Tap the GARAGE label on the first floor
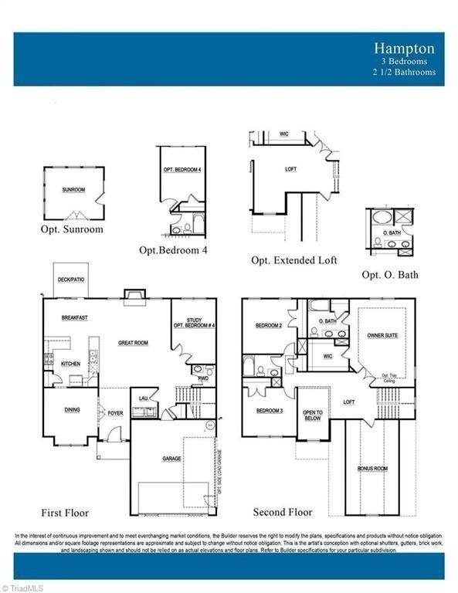[x=171, y=459]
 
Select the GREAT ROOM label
[x=133, y=343]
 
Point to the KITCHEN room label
[x=71, y=363]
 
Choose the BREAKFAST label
[x=74, y=318]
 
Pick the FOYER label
[x=115, y=413]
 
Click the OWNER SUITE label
[x=382, y=336]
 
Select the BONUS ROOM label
[x=372, y=469]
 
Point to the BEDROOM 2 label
[x=268, y=326]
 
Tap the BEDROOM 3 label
[x=269, y=410]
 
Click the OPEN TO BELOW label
[x=313, y=416]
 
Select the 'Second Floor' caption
[x=282, y=513]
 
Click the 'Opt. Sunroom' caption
[x=72, y=229]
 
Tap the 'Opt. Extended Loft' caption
[x=293, y=261]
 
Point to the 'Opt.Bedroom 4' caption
[x=173, y=250]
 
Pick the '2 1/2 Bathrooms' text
[x=403, y=72]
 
